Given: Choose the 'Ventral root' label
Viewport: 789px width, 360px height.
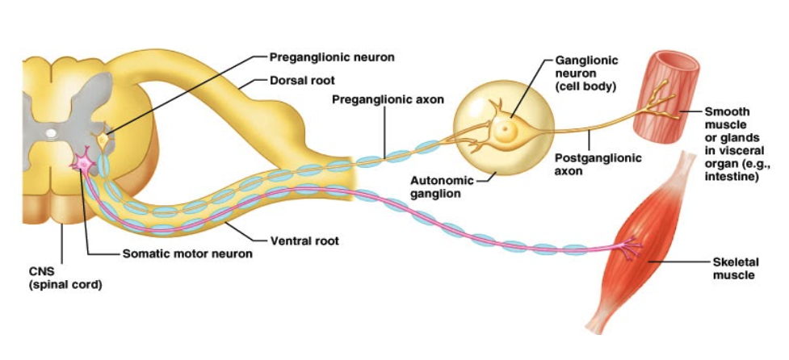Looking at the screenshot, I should [x=304, y=241].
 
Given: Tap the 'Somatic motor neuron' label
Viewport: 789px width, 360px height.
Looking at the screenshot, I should [x=187, y=253].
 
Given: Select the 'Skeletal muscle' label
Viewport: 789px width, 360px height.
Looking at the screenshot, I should [x=734, y=269].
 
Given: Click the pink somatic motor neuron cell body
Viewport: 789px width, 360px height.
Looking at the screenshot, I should [x=82, y=162].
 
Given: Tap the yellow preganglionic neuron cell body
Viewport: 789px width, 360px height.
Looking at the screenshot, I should [x=103, y=140].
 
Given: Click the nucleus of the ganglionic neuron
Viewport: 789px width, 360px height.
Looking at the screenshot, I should [x=506, y=128].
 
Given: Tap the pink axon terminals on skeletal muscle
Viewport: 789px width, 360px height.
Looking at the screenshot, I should [x=627, y=248].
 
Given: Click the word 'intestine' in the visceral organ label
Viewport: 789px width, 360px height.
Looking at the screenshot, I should [x=732, y=177].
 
